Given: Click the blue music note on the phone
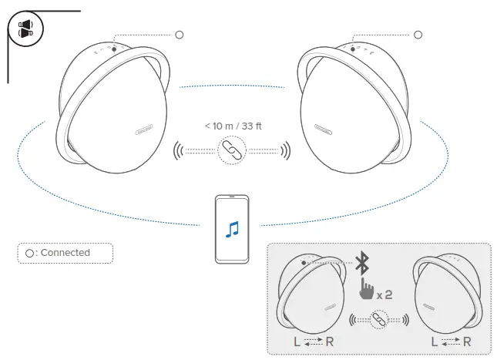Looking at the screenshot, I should (233, 228).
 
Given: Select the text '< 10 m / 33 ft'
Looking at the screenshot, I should (232, 126).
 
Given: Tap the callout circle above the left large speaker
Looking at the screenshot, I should (180, 35).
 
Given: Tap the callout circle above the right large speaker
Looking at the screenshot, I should (418, 35).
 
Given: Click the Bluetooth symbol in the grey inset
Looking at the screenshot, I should (362, 263).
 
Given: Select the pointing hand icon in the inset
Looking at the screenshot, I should (366, 291).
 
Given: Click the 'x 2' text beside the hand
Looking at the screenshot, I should (385, 294).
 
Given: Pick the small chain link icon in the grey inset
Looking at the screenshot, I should (378, 319).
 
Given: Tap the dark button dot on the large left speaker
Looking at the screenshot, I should (114, 49).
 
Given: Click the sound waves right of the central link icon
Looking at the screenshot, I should (284, 150).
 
